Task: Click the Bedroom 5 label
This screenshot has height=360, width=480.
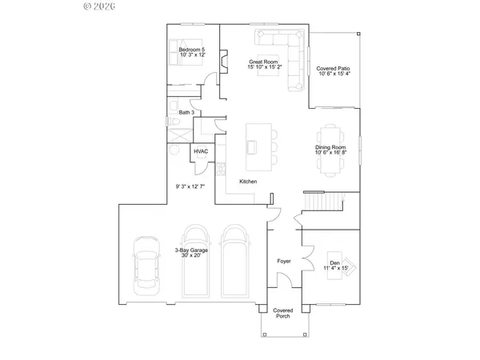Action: pos(191,54)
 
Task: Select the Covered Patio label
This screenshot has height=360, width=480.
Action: pos(334,71)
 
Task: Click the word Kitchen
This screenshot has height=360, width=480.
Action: pos(248,182)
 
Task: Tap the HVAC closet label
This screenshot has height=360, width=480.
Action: pos(201,152)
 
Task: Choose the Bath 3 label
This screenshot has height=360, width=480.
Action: pos(186,113)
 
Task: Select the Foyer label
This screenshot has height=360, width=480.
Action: pos(283,261)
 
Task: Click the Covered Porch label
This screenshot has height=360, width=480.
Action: pos(282,314)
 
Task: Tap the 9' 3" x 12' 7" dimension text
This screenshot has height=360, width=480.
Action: pos(190,186)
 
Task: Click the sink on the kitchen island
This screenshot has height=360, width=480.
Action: pos(253,146)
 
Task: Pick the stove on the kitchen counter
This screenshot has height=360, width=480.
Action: pos(222,168)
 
